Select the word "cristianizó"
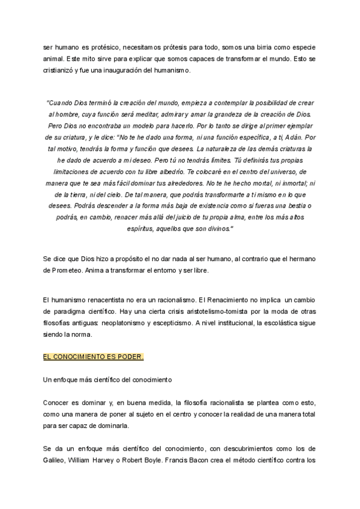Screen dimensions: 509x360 click(62, 71)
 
